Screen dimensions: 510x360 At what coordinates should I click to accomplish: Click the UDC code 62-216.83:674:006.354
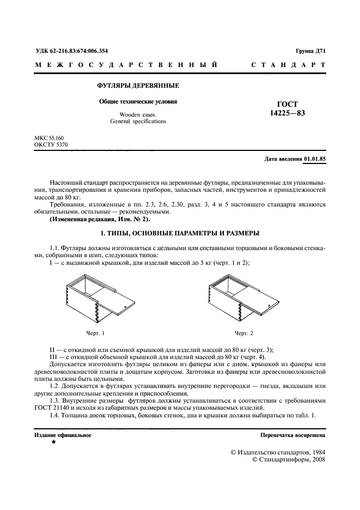coord(71,51)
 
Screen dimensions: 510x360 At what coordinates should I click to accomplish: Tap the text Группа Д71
coord(310,51)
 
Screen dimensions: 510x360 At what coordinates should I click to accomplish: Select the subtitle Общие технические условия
coord(138,102)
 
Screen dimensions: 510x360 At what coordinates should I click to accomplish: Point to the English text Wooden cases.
coord(138,114)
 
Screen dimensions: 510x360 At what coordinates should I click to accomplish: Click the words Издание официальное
coord(63,435)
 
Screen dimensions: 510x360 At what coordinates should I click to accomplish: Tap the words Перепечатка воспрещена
coord(293,435)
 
